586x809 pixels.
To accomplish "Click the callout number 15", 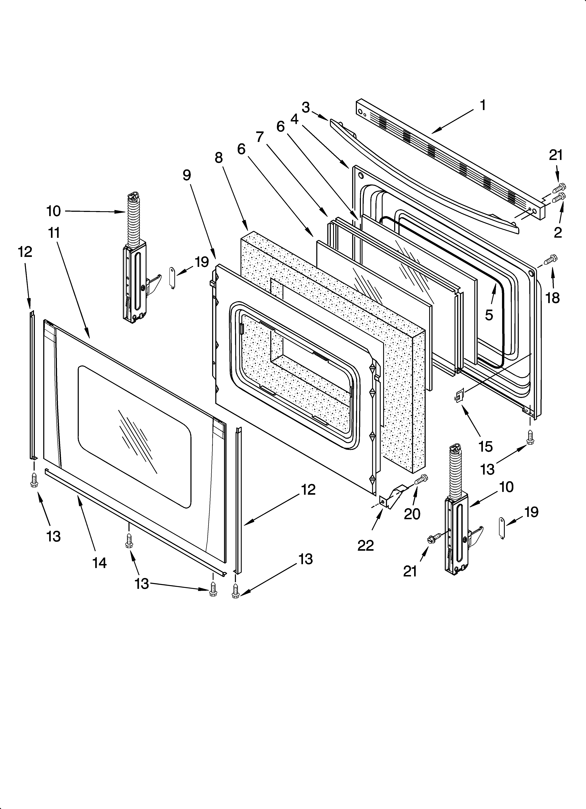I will [x=486, y=446].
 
